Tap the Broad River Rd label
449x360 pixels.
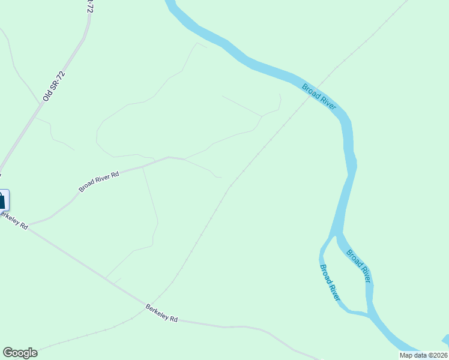coord(99,182)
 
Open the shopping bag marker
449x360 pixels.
coord(2,200)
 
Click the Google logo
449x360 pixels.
coord(20,353)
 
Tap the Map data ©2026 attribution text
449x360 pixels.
coord(423,355)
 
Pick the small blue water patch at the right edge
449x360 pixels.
coord(445,340)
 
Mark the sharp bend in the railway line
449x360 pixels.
coord(230,187)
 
